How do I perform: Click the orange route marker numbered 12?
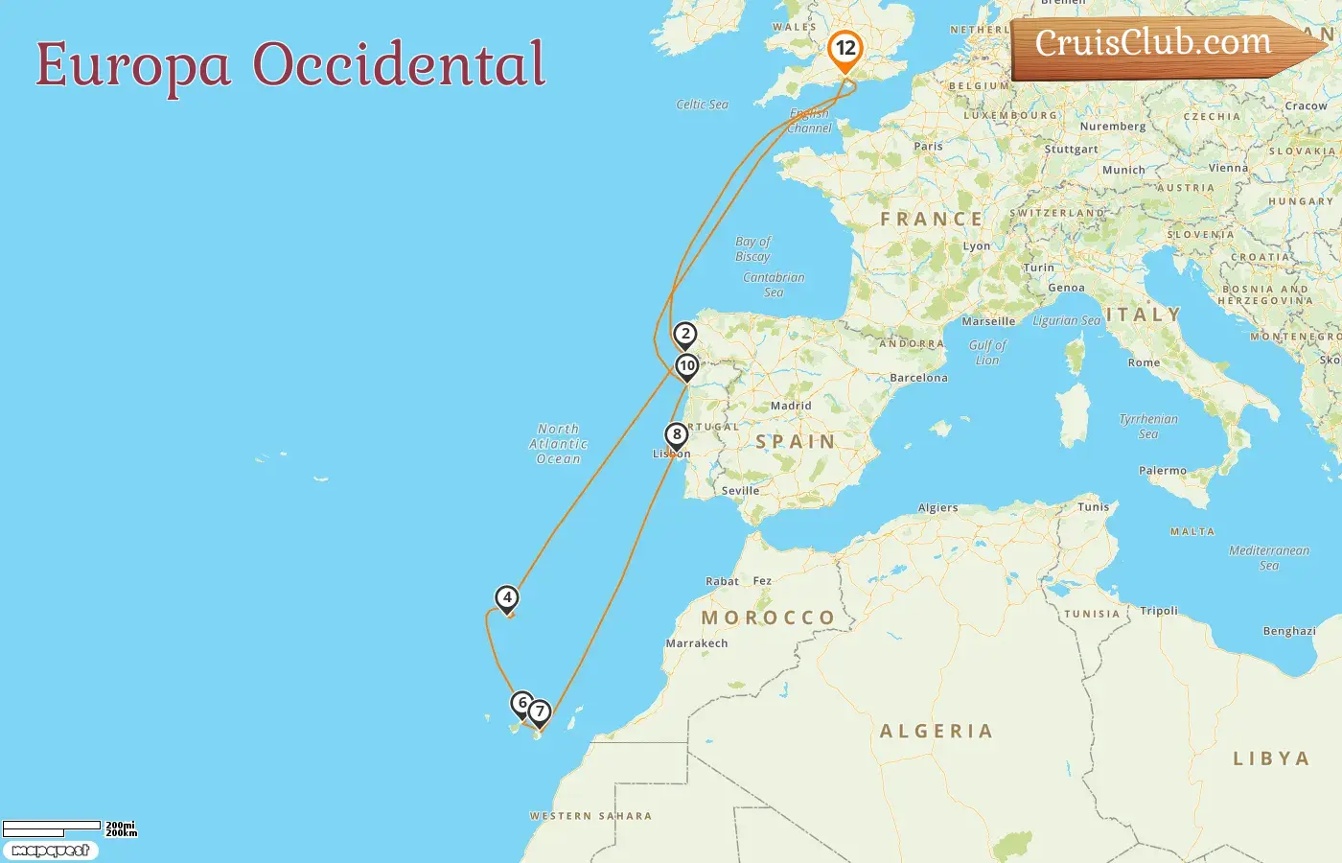pyautogui.click(x=845, y=49)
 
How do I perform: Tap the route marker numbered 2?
pyautogui.click(x=684, y=335)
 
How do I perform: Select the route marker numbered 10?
pyautogui.click(x=686, y=365)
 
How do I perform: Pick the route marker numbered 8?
pyautogui.click(x=677, y=434)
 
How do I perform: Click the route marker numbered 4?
pyautogui.click(x=507, y=598)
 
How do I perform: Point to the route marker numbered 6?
pyautogui.click(x=521, y=703)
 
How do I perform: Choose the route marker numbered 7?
pyautogui.click(x=540, y=711)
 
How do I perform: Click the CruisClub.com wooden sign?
pyautogui.click(x=1160, y=45)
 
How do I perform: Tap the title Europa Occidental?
pyautogui.click(x=290, y=65)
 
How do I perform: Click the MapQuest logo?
pyautogui.click(x=50, y=851)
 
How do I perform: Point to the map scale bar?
pyautogui.click(x=54, y=827)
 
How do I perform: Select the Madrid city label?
pyautogui.click(x=791, y=406)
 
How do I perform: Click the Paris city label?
pyautogui.click(x=928, y=147)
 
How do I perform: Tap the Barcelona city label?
pyautogui.click(x=918, y=378)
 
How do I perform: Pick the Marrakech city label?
pyautogui.click(x=697, y=643)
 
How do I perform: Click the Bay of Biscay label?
pyautogui.click(x=752, y=248)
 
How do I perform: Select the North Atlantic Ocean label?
pyautogui.click(x=558, y=444)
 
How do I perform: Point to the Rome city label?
pyautogui.click(x=1144, y=362)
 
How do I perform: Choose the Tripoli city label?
pyautogui.click(x=1159, y=611)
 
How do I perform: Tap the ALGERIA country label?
pyautogui.click(x=936, y=731)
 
